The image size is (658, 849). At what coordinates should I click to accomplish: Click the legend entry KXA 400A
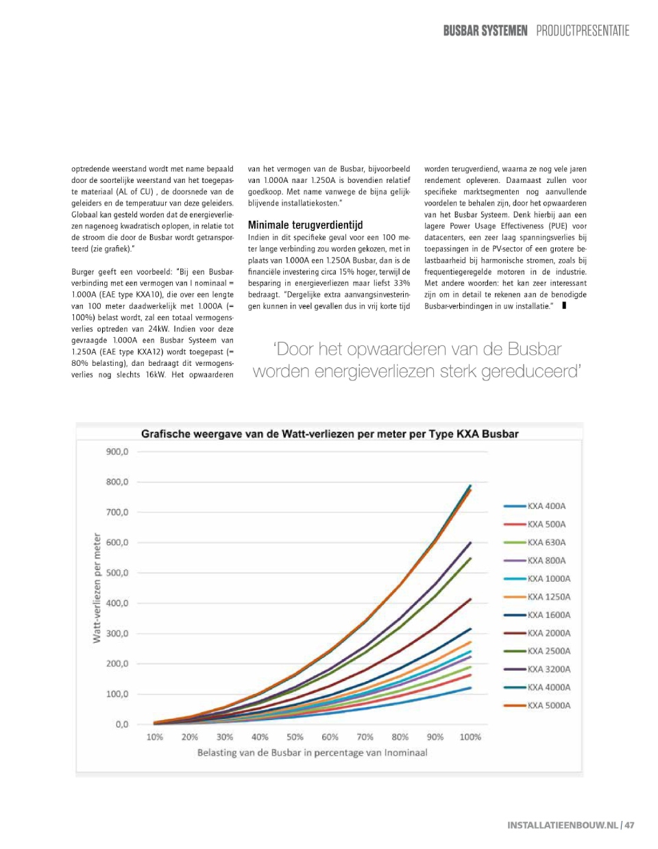pos(546,506)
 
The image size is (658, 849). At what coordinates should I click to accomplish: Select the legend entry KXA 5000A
pos(548,706)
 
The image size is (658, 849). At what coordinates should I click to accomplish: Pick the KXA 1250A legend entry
pos(548,597)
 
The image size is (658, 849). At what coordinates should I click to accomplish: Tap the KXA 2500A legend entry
pos(548,651)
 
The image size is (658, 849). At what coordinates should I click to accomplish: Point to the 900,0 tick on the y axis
pos(117,452)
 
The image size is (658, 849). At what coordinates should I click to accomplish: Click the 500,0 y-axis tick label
pos(117,573)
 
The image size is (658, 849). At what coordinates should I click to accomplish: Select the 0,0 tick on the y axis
pos(121,724)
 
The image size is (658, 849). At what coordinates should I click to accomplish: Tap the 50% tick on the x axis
pos(295,737)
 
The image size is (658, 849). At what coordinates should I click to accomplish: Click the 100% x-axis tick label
pos(470,737)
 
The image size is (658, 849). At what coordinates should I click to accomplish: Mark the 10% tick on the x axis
pos(155,737)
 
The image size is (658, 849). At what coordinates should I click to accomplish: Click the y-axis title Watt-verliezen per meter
pos(97,588)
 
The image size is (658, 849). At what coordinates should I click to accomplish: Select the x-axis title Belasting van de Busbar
pos(312,753)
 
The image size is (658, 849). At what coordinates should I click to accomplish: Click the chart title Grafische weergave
pos(330,434)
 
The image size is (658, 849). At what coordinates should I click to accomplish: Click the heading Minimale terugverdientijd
pos(305,225)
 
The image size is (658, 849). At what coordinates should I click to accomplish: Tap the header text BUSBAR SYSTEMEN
pos(485,31)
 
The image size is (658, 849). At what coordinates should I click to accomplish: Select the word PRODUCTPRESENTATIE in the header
pos(583,31)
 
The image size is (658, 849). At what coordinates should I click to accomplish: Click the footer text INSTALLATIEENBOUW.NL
pos(562,825)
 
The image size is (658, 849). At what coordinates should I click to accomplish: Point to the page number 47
pos(629,825)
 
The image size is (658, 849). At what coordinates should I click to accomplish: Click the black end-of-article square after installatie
pos(564,306)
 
